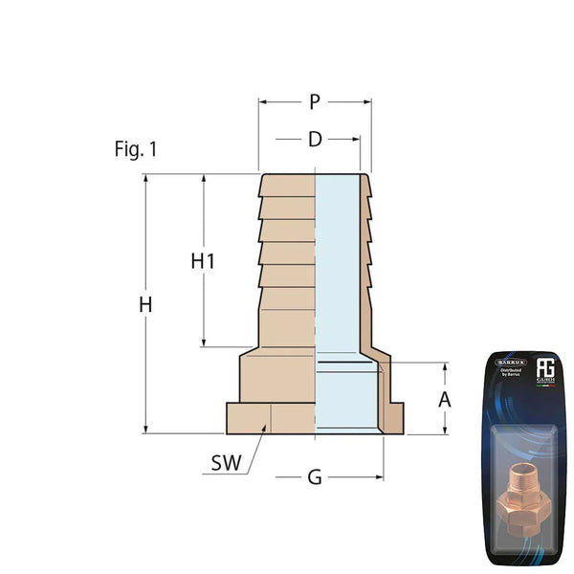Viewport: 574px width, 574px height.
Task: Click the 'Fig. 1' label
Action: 135,149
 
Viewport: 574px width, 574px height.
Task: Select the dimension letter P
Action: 315,101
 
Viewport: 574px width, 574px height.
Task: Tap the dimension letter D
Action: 315,140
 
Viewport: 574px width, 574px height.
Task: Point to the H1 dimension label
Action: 203,260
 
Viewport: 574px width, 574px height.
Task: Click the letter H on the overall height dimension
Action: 145,305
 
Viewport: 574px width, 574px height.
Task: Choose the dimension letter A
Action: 444,399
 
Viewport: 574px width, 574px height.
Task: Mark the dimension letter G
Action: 315,476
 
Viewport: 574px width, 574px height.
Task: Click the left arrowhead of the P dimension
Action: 263,100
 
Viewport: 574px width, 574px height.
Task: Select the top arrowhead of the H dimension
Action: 145,179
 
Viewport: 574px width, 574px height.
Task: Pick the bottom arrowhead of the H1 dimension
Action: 203,342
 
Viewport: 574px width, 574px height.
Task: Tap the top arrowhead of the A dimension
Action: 444,367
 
